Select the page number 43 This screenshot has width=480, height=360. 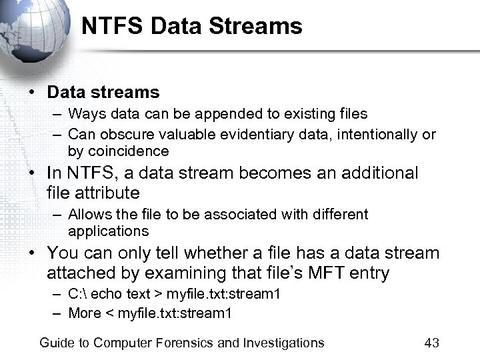431,343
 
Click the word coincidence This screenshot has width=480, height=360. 127,151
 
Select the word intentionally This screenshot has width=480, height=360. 377,135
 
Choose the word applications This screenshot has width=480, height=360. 108,231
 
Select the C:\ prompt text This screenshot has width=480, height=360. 78,295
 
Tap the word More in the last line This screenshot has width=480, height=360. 85,313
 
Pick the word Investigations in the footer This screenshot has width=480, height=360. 283,343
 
